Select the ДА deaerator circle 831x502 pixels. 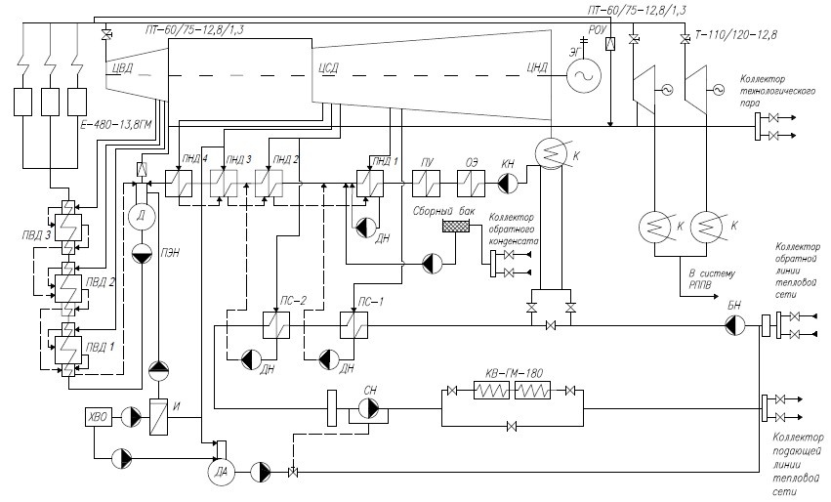tap(218, 472)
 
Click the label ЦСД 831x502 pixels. tap(328, 68)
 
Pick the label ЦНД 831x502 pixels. tap(537, 68)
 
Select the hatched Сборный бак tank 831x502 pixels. tap(456, 227)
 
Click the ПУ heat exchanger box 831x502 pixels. tap(426, 182)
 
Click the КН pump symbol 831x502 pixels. tap(509, 182)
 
